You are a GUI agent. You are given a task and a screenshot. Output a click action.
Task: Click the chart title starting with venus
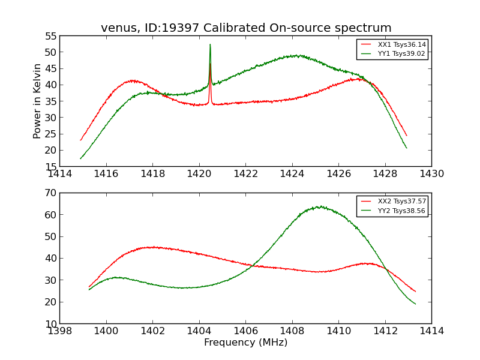click(246, 28)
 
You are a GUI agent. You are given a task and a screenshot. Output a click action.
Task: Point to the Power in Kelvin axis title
click(37, 101)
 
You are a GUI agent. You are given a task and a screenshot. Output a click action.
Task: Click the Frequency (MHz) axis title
click(245, 343)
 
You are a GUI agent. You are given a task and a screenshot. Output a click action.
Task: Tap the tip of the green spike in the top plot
click(210, 44)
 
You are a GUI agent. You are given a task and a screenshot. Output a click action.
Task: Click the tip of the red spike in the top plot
click(210, 64)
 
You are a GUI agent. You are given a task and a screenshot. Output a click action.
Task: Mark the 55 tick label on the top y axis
click(50, 36)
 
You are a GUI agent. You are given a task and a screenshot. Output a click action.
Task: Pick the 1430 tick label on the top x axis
click(431, 174)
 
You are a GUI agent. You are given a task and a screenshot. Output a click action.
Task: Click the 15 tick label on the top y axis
click(50, 166)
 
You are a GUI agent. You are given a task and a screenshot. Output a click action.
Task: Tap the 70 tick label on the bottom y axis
click(50, 193)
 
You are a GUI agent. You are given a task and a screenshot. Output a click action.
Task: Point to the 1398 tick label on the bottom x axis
click(60, 331)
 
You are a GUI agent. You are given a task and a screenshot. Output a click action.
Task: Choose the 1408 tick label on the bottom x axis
click(292, 331)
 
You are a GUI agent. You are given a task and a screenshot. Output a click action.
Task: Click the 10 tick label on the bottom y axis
click(50, 323)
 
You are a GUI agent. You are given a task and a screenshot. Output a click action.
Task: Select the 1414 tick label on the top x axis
click(60, 174)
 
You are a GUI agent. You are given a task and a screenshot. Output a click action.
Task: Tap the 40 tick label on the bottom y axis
click(50, 259)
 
